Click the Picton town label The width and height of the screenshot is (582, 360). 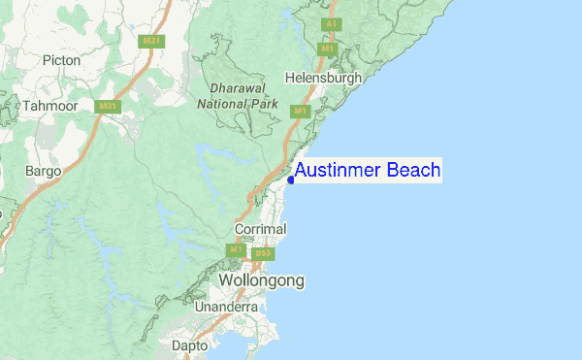[62, 60]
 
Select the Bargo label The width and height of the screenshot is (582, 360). [43, 171]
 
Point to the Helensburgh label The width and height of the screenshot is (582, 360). [324, 78]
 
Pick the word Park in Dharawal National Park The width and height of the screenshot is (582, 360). [262, 103]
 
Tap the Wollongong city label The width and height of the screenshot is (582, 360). [261, 280]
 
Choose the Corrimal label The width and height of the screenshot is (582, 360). [261, 229]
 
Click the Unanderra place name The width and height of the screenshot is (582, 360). [226, 307]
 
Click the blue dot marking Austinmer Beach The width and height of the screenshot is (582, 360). [291, 180]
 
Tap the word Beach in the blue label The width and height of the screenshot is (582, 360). [413, 171]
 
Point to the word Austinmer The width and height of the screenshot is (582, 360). [339, 171]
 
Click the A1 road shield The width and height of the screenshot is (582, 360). [331, 23]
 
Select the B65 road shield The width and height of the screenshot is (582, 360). [267, 254]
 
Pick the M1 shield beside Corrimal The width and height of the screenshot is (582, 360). [235, 250]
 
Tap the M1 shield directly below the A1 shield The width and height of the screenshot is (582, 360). [328, 48]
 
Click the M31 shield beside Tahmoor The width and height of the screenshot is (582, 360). [107, 106]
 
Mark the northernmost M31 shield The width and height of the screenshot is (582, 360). [150, 41]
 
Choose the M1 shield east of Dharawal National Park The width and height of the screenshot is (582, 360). [300, 112]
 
